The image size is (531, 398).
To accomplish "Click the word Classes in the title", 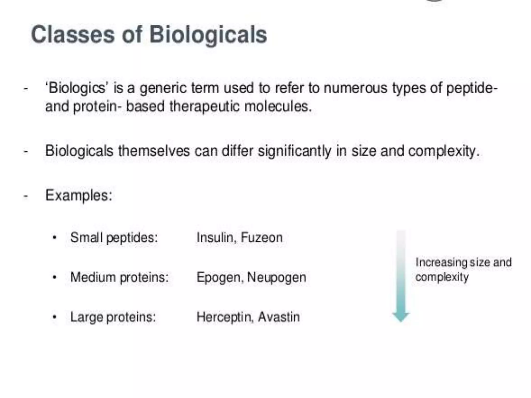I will (x=73, y=35).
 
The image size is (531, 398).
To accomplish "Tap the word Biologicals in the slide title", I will (x=208, y=35).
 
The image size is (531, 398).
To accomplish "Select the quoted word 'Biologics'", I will (x=76, y=88).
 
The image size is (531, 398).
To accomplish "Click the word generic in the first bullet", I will (x=163, y=88).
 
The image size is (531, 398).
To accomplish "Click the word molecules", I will (x=278, y=106).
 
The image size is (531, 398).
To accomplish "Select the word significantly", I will (x=295, y=151).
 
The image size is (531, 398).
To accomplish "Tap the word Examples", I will (x=79, y=195).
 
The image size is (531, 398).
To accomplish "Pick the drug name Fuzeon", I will (x=262, y=238).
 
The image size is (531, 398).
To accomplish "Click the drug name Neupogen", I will (x=277, y=278).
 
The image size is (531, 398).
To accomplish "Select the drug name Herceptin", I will (x=224, y=317).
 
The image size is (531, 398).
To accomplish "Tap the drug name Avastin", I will (x=279, y=317).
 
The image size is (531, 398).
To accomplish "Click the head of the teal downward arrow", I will (x=401, y=317).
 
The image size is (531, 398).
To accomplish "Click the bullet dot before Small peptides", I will (x=54, y=238).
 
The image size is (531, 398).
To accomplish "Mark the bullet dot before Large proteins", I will (x=54, y=317).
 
